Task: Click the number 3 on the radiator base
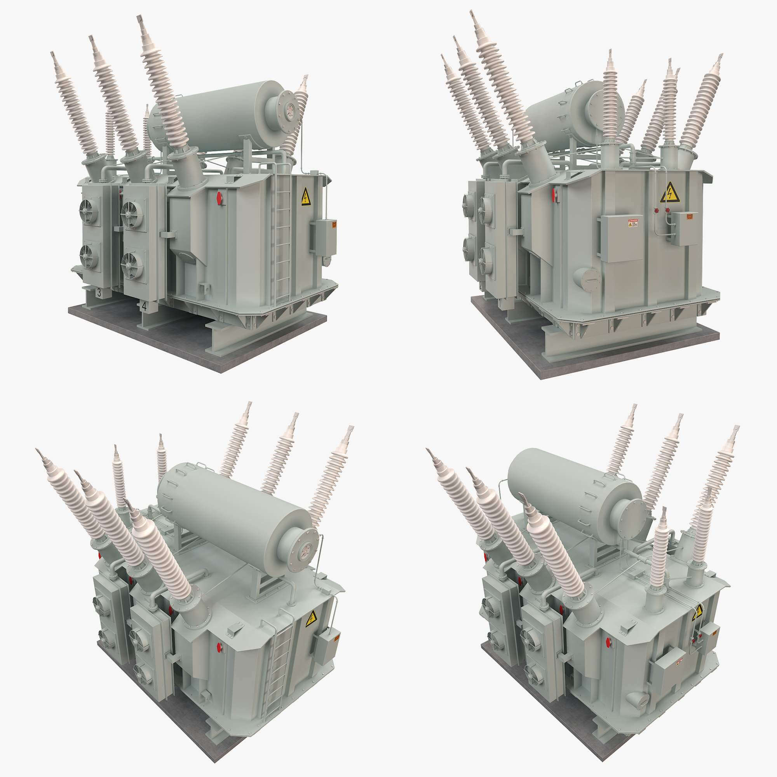[99, 293]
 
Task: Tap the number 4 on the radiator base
[144, 306]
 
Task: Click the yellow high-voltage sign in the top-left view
[306, 197]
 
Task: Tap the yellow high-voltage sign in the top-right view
[670, 192]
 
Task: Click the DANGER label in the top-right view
[633, 223]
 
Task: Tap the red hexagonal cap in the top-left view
[220, 197]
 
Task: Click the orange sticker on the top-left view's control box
[334, 224]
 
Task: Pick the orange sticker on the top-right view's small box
[689, 217]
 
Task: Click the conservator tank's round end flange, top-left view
[288, 109]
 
